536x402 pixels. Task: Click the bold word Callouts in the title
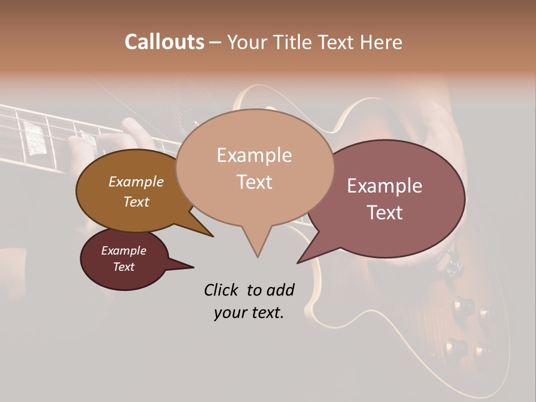[164, 42]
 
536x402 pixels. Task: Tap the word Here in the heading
[381, 42]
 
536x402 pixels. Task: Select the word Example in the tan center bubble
[254, 155]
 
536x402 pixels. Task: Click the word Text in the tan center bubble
[254, 181]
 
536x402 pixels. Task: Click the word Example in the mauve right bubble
[385, 186]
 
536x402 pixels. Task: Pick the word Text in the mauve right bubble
[385, 212]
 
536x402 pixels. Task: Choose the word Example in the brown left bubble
[136, 181]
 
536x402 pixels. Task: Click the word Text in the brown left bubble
[136, 202]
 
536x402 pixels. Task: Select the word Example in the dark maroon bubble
[123, 251]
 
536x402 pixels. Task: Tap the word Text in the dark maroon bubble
[123, 267]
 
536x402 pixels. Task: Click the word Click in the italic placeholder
[222, 290]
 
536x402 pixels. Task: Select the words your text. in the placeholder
[249, 313]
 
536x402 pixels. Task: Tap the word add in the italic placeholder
[280, 290]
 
